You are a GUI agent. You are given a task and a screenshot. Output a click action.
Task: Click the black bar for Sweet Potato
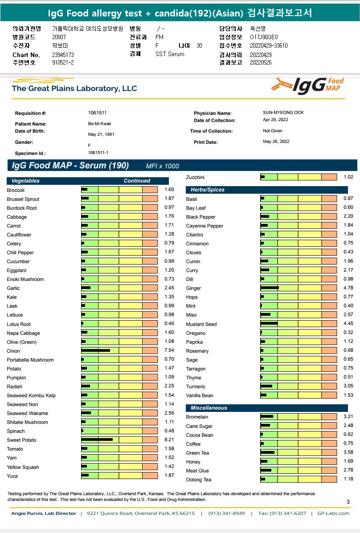click(97, 440)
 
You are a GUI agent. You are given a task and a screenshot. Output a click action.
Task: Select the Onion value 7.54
click(169, 350)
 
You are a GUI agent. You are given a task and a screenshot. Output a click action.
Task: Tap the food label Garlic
click(13, 288)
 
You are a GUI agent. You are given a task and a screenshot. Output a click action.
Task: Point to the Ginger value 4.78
click(348, 288)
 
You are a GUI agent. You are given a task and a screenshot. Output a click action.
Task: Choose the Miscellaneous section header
click(209, 408)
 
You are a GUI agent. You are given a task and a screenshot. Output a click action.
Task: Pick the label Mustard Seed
click(201, 324)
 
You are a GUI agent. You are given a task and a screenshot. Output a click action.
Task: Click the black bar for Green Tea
click(267, 453)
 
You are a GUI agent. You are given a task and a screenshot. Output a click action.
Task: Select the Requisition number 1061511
click(97, 113)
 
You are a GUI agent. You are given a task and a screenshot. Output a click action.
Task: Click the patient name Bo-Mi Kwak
click(98, 124)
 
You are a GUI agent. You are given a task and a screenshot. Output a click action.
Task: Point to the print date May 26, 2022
click(276, 142)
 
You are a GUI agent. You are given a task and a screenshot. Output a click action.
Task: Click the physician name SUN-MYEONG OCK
click(283, 113)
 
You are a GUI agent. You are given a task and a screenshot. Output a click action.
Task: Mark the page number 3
click(348, 502)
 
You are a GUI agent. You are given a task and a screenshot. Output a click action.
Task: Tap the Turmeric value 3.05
click(348, 386)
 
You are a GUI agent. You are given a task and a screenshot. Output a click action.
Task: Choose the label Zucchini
click(195, 177)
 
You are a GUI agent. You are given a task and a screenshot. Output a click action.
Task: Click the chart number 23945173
click(63, 55)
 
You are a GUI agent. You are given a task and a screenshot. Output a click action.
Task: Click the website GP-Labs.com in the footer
click(333, 513)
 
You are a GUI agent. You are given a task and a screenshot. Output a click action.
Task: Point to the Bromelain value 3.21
click(348, 417)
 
